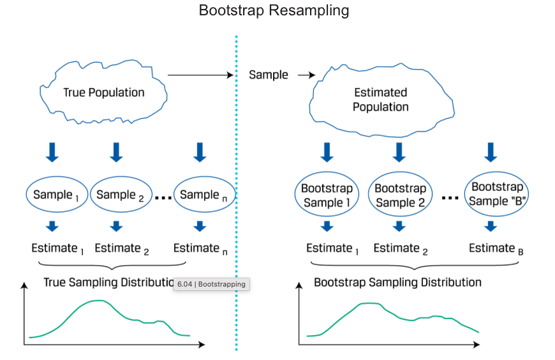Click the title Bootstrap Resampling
274,11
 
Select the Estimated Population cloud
381,100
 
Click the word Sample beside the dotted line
269,75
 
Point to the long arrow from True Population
201,75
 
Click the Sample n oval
203,195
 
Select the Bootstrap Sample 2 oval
400,195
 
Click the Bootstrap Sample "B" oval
497,194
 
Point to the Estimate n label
200,249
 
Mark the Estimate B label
496,249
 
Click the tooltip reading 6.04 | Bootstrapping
211,284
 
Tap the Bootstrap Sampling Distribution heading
397,282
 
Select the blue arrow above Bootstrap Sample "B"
490,152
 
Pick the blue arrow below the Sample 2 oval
116,225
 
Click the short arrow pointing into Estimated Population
307,75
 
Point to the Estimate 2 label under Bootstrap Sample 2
401,249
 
